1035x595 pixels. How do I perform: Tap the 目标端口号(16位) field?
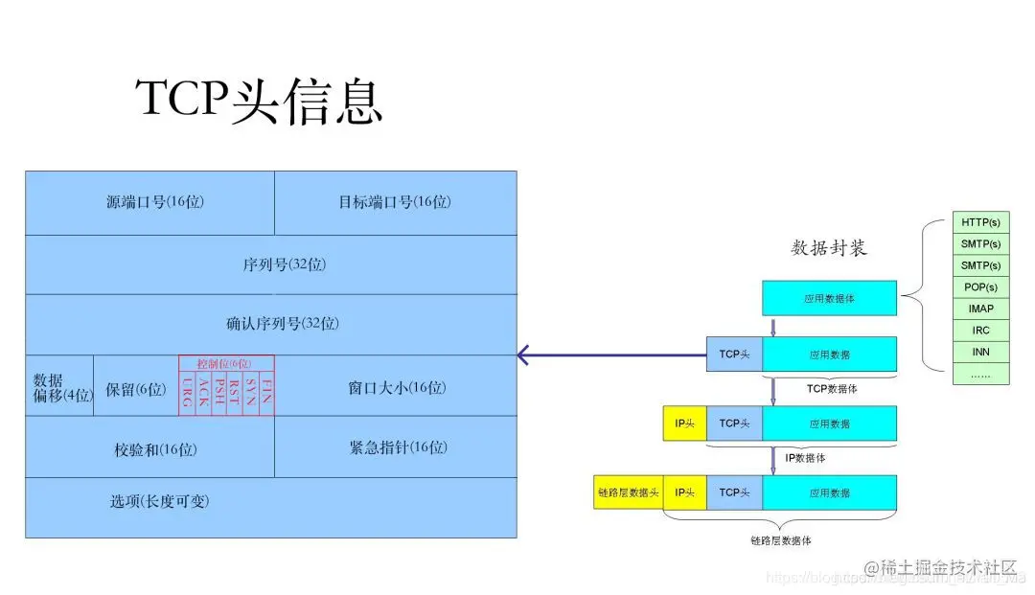[395, 202]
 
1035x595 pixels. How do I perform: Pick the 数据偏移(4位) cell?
[59, 387]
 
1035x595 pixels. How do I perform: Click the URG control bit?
[187, 393]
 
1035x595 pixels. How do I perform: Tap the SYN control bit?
[251, 393]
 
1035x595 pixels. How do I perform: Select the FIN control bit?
[266, 393]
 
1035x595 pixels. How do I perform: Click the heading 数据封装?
[829, 248]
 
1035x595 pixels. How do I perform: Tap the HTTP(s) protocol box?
[980, 222]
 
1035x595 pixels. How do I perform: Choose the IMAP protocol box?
[980, 309]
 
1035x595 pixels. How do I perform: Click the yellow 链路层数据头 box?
[629, 492]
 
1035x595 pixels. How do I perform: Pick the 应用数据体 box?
[829, 299]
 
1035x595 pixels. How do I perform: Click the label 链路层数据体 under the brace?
[781, 540]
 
